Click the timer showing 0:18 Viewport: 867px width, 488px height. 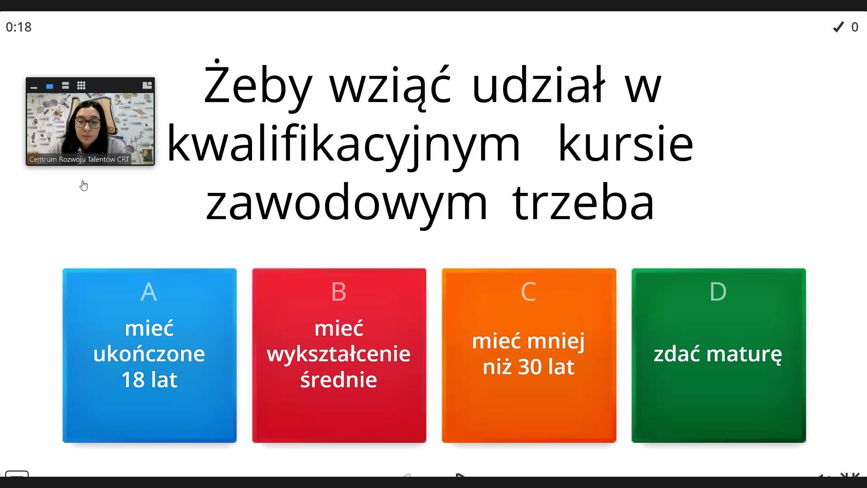coord(19,27)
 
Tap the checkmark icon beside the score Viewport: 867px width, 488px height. coord(839,27)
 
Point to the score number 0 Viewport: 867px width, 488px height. coord(855,27)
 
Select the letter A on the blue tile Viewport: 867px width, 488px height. coord(149,291)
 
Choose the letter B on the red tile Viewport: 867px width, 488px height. coord(339,291)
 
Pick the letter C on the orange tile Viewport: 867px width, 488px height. coord(528,291)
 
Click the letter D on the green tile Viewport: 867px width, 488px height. coord(718,291)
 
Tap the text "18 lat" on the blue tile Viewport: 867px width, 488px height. coord(149,379)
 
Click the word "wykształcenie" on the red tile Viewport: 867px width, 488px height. coord(339,354)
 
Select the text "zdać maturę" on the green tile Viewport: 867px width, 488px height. coord(718,354)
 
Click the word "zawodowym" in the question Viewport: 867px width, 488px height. coord(347,202)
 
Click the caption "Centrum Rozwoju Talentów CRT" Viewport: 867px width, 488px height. coord(79,160)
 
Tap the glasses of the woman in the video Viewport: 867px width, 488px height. coord(88,122)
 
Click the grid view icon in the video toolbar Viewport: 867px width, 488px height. coord(81,85)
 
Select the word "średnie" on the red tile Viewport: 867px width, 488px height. coord(339,379)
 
